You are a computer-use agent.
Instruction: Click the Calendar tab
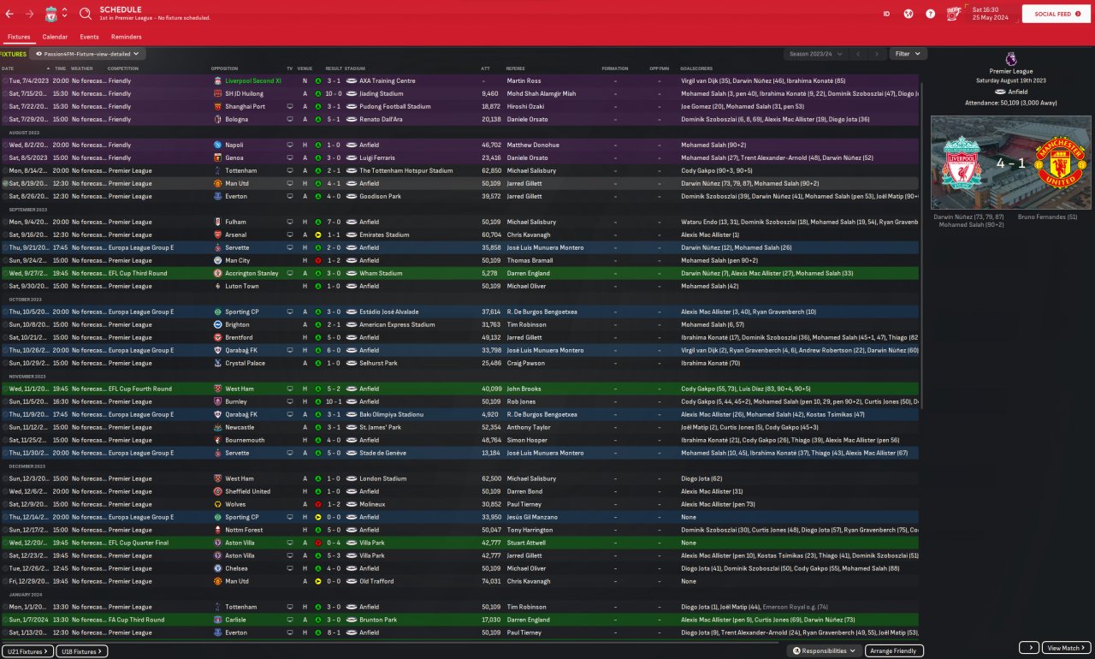(55, 37)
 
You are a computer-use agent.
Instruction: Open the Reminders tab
(127, 37)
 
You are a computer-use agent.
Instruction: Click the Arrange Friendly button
(894, 650)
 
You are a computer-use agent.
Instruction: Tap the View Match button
(1067, 648)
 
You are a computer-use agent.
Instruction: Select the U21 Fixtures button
(27, 651)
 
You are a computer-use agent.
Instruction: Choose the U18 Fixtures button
(82, 651)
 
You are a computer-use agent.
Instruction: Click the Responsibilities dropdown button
(825, 650)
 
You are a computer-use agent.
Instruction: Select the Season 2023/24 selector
(815, 54)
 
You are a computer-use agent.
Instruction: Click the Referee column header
(516, 68)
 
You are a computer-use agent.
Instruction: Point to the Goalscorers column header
(696, 68)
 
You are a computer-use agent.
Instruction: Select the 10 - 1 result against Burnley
(334, 401)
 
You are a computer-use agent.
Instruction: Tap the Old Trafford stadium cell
(380, 581)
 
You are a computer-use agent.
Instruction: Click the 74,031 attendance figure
(490, 581)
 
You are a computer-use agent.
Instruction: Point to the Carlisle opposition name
(237, 620)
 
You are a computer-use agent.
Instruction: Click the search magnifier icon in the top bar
(86, 14)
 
